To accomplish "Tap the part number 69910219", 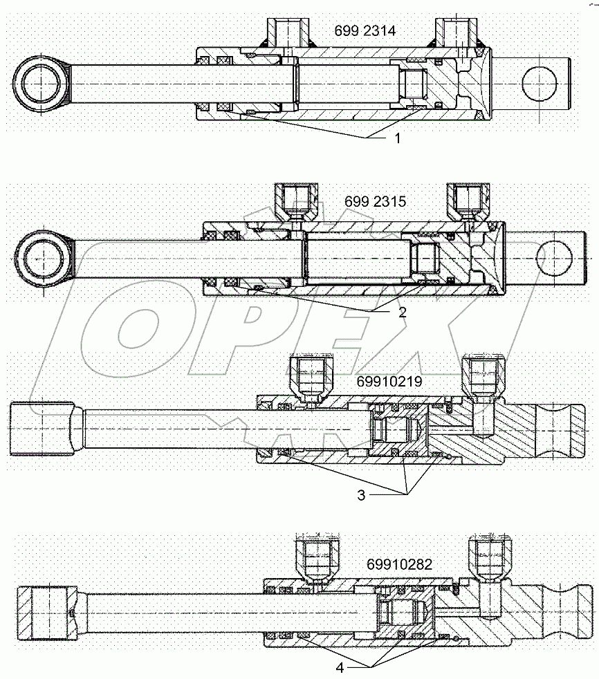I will pos(391,381).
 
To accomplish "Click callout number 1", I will pos(397,138).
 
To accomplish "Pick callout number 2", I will pos(401,311).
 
